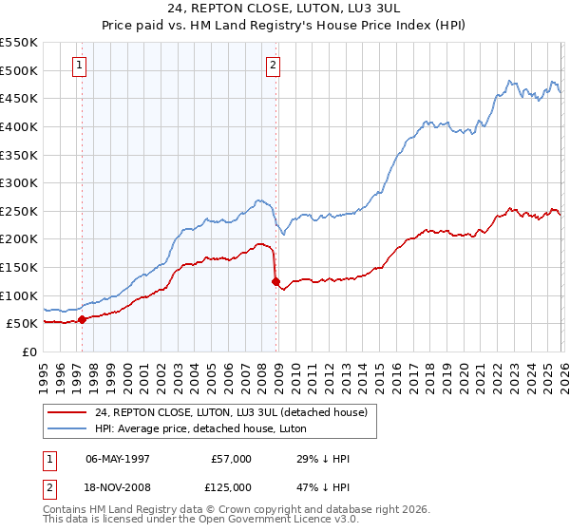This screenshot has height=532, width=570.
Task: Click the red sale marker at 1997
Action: pyautogui.click(x=82, y=319)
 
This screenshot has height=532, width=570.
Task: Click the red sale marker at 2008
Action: pyautogui.click(x=275, y=281)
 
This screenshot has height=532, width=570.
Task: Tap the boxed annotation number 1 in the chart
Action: pyautogui.click(x=78, y=66)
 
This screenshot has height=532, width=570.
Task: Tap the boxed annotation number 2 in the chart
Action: pyautogui.click(x=273, y=66)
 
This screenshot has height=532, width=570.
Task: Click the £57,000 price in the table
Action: pyautogui.click(x=232, y=459)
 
